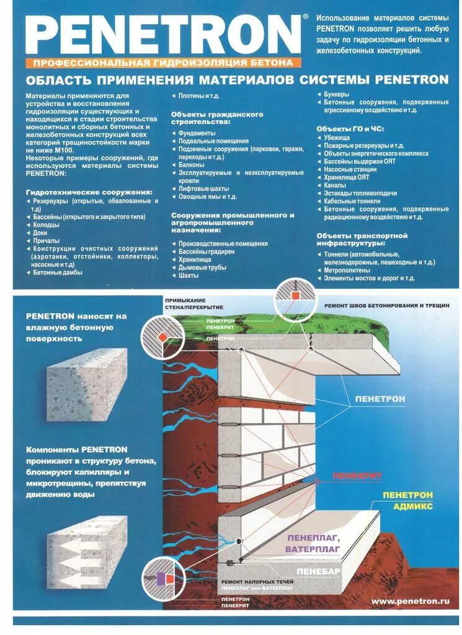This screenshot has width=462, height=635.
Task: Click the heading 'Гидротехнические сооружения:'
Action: click(89, 192)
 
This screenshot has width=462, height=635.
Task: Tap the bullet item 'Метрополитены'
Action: click(347, 270)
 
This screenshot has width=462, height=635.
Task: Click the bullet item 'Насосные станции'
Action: click(350, 169)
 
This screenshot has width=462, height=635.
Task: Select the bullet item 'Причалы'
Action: click(47, 241)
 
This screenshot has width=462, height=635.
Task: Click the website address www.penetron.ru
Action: click(410, 601)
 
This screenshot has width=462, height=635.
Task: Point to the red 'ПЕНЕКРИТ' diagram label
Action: click(357, 476)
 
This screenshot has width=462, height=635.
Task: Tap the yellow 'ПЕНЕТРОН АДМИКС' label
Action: click(407, 500)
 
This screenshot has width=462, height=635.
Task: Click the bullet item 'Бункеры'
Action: click(337, 94)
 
